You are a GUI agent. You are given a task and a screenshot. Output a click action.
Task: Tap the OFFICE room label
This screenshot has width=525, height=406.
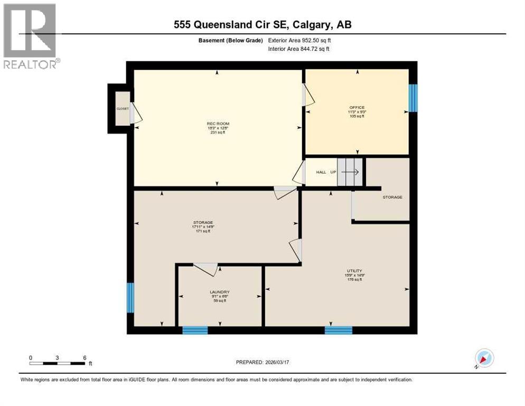click(x=357, y=108)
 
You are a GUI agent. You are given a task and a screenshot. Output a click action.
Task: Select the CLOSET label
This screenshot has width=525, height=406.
click(x=123, y=109)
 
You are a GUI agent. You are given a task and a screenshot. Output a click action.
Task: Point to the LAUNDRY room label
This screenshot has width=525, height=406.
click(x=220, y=292)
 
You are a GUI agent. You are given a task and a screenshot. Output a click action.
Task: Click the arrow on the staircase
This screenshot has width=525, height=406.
click(x=350, y=172)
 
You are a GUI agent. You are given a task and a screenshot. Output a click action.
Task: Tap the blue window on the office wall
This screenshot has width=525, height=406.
click(x=413, y=98)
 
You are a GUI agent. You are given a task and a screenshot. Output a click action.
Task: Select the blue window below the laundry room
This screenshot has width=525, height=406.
click(x=195, y=330)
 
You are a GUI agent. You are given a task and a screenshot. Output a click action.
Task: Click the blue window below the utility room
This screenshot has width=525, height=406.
click(x=338, y=330)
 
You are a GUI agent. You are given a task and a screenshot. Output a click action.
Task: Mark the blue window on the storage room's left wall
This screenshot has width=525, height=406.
click(x=130, y=298)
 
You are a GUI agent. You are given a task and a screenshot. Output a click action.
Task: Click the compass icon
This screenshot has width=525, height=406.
click(x=484, y=358)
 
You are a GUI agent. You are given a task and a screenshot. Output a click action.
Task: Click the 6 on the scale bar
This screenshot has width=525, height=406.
click(x=85, y=357)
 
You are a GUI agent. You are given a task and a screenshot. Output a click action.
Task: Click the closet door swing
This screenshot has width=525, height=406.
click(x=136, y=113)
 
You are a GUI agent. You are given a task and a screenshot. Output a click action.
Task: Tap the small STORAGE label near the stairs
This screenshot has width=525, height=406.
click(x=392, y=197)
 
